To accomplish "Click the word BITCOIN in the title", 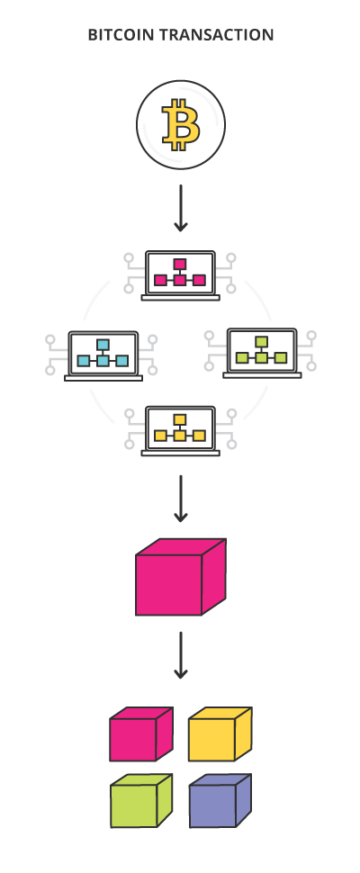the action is coord(121,35).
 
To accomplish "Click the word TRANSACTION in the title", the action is coord(216,35).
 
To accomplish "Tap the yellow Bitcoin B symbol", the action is coord(180,125).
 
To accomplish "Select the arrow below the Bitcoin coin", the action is coord(180,208).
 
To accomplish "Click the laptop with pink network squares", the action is coord(180,275).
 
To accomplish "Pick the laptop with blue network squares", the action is coord(103,355).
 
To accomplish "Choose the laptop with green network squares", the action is coord(262,353).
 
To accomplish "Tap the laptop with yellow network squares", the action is coord(180,431).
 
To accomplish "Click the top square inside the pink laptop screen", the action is coord(179,264).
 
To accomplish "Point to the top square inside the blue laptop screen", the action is coord(103,345).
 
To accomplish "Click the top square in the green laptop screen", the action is coord(262,342).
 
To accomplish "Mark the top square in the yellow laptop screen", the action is coord(179,419).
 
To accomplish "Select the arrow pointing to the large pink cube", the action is coord(180,499).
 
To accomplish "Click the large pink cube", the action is coord(181,577).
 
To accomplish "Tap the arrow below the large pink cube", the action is coord(180,655).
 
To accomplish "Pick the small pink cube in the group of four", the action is coord(141,733).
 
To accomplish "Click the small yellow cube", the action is coord(220,733).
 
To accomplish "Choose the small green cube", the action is coord(141,801).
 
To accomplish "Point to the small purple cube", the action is coord(220,801).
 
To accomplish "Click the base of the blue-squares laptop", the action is coord(103,378).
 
